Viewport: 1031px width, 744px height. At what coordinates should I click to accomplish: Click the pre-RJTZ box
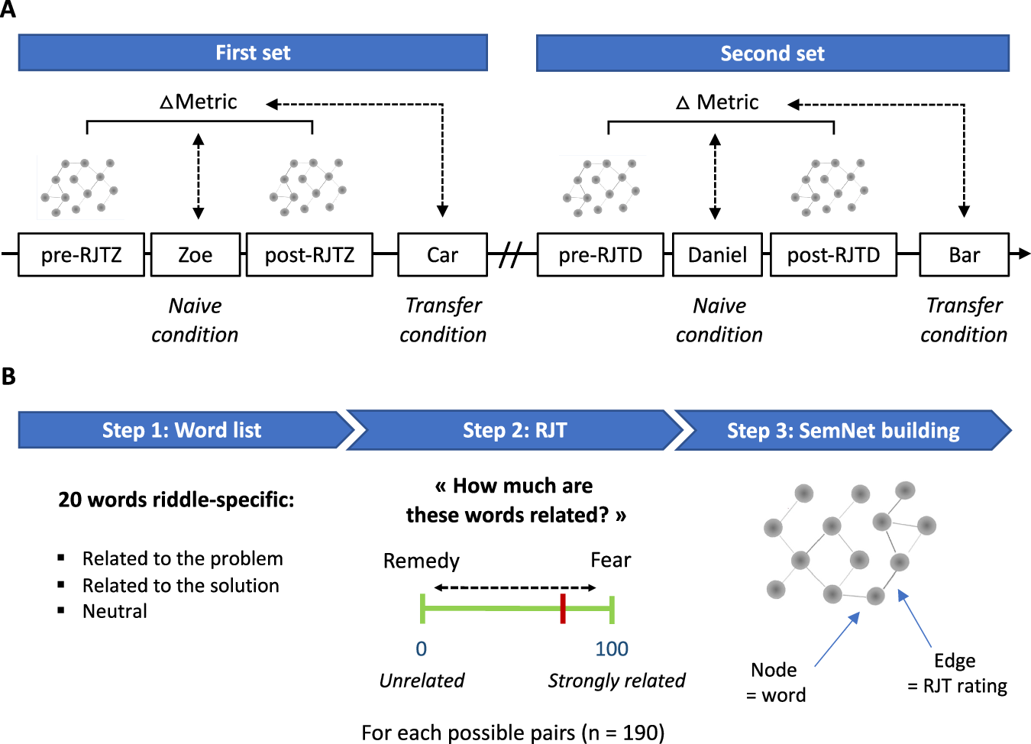82,254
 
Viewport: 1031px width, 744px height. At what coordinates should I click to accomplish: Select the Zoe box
196,254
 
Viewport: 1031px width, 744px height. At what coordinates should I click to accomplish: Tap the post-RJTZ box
310,254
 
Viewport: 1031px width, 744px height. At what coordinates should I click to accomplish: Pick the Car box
442,254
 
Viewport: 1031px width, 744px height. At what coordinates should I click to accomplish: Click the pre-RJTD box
600,254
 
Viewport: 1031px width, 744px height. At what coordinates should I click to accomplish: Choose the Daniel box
717,254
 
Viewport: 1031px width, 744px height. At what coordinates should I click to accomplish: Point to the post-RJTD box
833,254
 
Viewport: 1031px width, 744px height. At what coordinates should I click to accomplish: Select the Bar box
965,254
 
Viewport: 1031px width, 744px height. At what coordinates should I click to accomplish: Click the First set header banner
253,53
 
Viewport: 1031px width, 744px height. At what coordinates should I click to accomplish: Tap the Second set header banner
773,53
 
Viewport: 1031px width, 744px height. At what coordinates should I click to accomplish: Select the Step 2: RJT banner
515,430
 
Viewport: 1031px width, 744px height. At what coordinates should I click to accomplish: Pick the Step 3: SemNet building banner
843,430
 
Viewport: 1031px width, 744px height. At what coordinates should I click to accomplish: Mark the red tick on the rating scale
563,609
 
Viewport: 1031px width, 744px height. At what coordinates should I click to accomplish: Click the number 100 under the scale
612,649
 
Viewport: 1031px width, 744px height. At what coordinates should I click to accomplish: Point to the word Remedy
421,561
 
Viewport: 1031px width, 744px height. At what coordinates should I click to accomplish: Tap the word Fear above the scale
611,560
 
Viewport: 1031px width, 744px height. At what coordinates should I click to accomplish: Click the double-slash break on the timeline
512,254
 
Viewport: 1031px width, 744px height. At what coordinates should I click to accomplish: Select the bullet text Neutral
115,611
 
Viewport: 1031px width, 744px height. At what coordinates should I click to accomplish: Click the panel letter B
8,376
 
